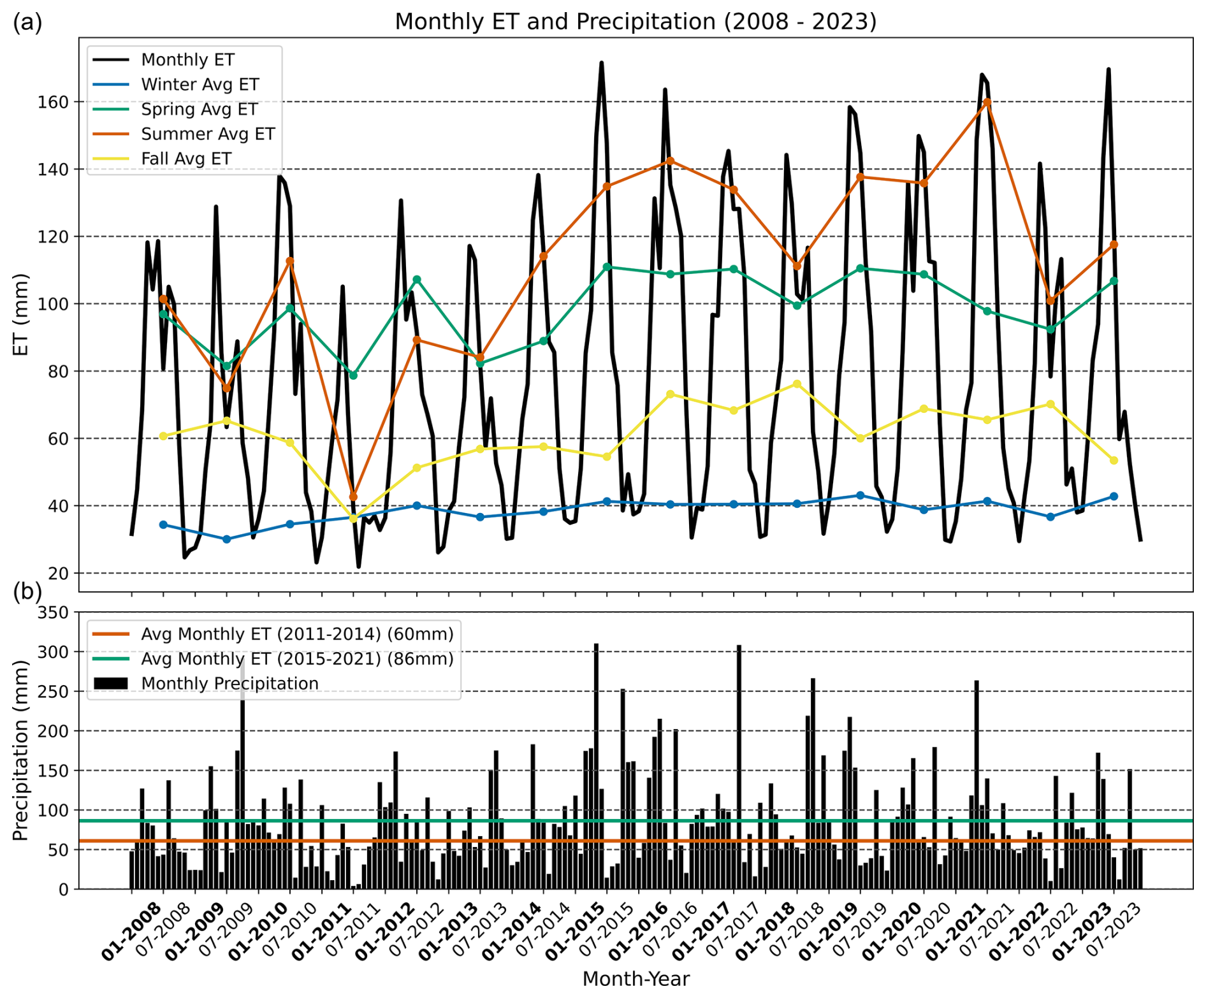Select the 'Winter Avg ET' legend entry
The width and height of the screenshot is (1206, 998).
(200, 84)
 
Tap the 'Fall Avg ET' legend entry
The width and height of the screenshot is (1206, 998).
(185, 159)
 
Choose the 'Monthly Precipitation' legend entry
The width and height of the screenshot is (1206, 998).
(229, 683)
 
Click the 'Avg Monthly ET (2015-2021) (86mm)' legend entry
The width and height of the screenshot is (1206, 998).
(297, 658)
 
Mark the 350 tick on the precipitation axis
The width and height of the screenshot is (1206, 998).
(55, 613)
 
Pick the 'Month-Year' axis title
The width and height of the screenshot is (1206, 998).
(636, 979)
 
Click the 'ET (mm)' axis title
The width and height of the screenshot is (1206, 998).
(21, 314)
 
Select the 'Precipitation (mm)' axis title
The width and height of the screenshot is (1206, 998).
(21, 750)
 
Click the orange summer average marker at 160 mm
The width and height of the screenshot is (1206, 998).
(987, 103)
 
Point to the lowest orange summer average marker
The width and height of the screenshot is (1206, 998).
(353, 496)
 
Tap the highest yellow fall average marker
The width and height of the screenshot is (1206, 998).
(797, 384)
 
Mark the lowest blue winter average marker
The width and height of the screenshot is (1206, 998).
(226, 539)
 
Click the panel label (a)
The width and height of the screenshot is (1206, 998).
(27, 23)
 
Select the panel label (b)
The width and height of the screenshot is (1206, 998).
(27, 591)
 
